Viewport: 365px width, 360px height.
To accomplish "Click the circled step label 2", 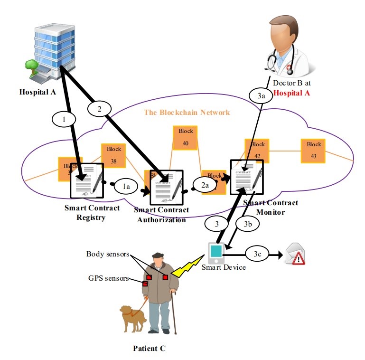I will [99, 109].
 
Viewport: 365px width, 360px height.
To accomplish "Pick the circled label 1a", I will [126, 188].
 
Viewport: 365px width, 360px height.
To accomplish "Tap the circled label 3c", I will [257, 255].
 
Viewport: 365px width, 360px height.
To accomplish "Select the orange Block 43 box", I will [314, 150].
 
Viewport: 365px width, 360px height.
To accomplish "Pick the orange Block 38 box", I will [113, 154].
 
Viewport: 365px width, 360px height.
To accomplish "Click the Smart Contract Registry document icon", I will [87, 181].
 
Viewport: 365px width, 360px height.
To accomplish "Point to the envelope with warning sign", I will [294, 256].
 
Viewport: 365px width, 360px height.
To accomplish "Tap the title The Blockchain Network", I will [187, 113].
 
